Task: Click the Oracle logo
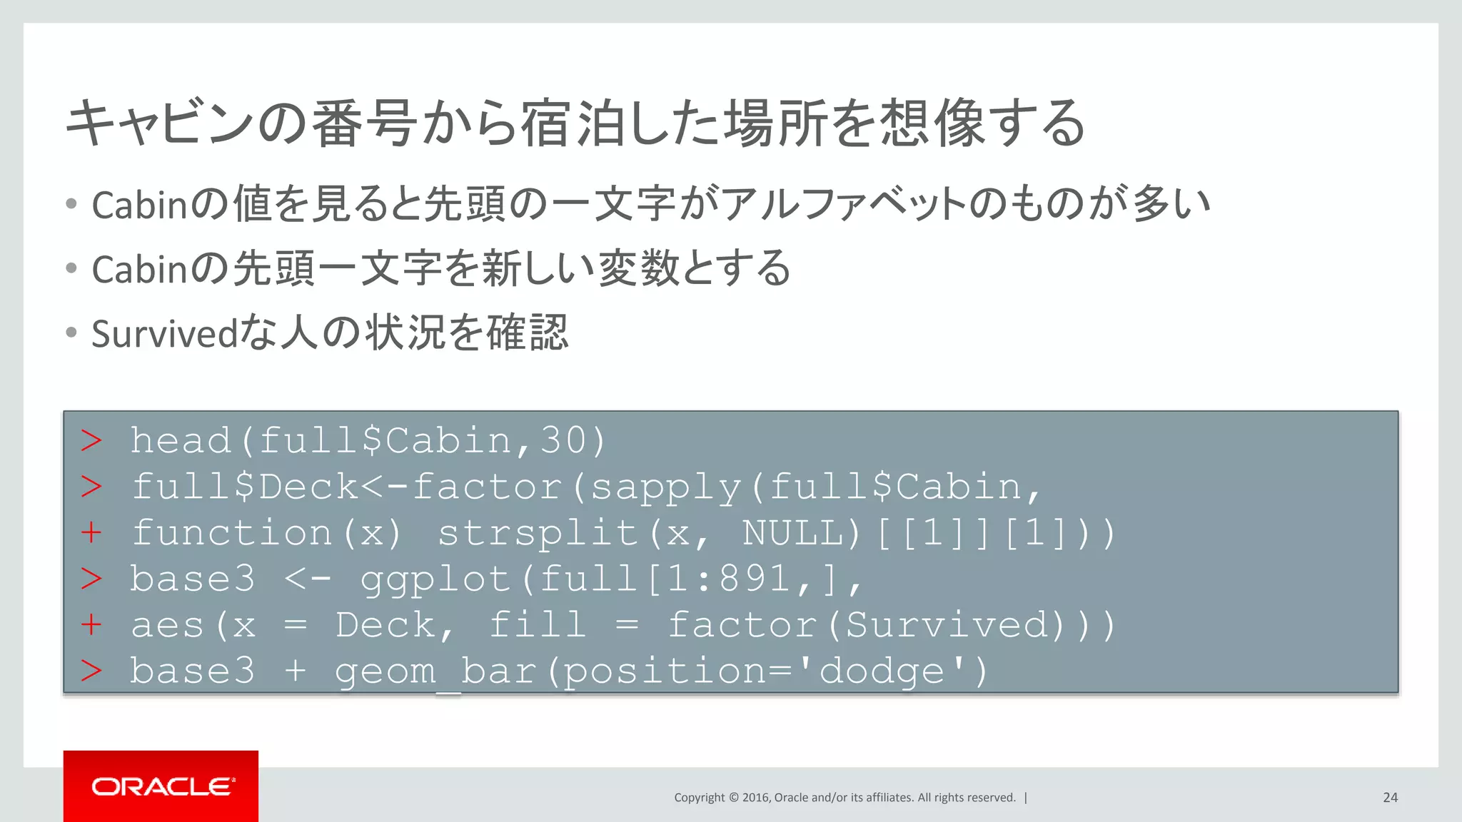pyautogui.click(x=161, y=786)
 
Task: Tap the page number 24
pyautogui.click(x=1390, y=798)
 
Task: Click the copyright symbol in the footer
pyautogui.click(x=733, y=798)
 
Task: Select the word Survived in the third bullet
pyautogui.click(x=165, y=334)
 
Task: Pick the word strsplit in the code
pyautogui.click(x=538, y=533)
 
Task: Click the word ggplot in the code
pyautogui.click(x=435, y=579)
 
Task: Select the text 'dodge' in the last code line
pyautogui.click(x=882, y=671)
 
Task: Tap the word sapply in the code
pyautogui.click(x=665, y=487)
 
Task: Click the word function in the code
pyautogui.click(x=232, y=533)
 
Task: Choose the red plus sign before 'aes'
pyautogui.click(x=91, y=625)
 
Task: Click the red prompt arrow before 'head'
pyautogui.click(x=91, y=440)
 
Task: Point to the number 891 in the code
pyautogui.click(x=755, y=579)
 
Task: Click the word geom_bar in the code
pyautogui.click(x=435, y=671)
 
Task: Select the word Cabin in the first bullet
pyautogui.click(x=139, y=205)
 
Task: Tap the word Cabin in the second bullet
pyautogui.click(x=139, y=270)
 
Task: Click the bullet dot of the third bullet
pyautogui.click(x=71, y=333)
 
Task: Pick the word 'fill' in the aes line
pyautogui.click(x=538, y=625)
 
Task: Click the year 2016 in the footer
pyautogui.click(x=755, y=798)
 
